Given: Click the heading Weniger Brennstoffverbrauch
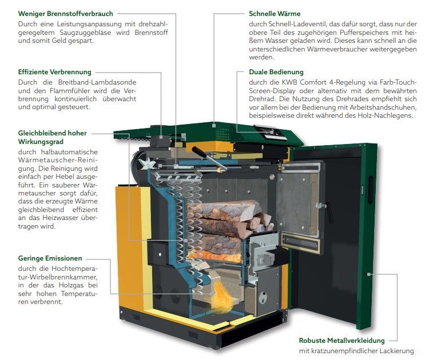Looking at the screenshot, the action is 66,14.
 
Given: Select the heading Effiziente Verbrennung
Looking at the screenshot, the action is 55,72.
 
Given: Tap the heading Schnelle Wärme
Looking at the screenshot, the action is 275,14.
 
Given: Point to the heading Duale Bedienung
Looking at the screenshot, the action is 276,72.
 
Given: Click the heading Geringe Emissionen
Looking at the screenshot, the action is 50,258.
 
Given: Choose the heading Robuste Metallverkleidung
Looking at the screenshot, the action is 342,341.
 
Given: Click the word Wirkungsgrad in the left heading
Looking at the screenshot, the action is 41,142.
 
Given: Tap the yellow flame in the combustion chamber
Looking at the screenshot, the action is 223,298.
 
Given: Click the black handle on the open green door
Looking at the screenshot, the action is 370,190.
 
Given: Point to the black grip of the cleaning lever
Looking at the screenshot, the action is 200,152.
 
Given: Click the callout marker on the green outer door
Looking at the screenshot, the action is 368,274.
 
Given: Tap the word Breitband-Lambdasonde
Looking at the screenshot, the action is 97,82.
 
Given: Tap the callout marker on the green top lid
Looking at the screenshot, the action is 214,126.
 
